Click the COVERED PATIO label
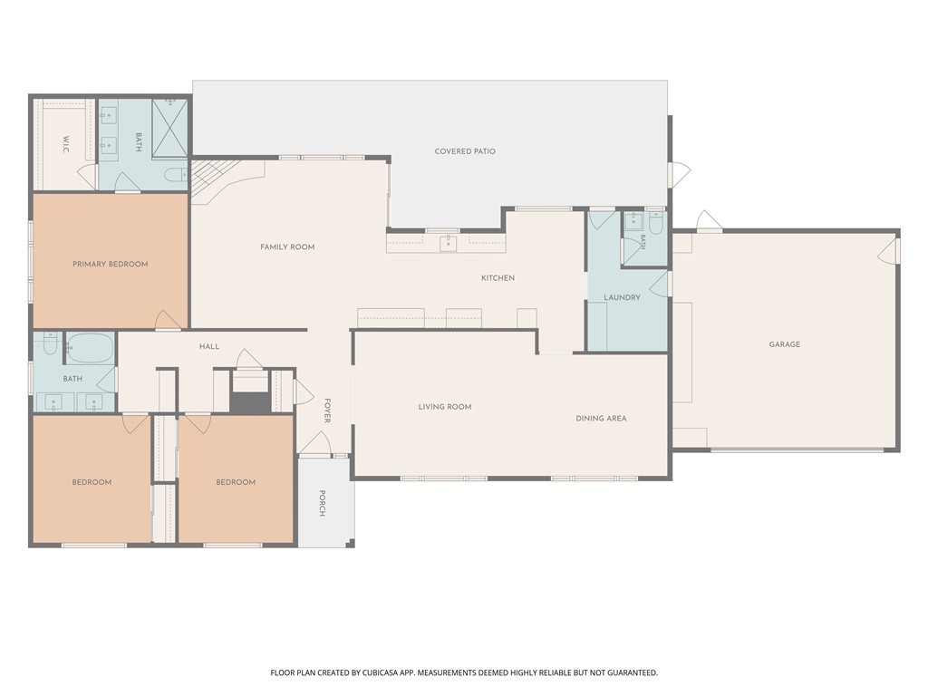[x=465, y=151]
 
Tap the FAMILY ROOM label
[x=287, y=246]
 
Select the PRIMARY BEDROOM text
[x=110, y=264]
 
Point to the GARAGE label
[x=784, y=343]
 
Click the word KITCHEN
[x=498, y=277]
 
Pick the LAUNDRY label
[x=622, y=297]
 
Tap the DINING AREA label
[x=601, y=418]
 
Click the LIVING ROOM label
[x=444, y=407]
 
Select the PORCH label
[x=322, y=503]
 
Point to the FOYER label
[x=326, y=411]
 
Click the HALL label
[x=209, y=346]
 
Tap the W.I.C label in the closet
[x=65, y=145]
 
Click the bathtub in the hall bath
[x=90, y=347]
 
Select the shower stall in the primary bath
[x=169, y=129]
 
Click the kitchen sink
[x=448, y=243]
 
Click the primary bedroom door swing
[x=168, y=320]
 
